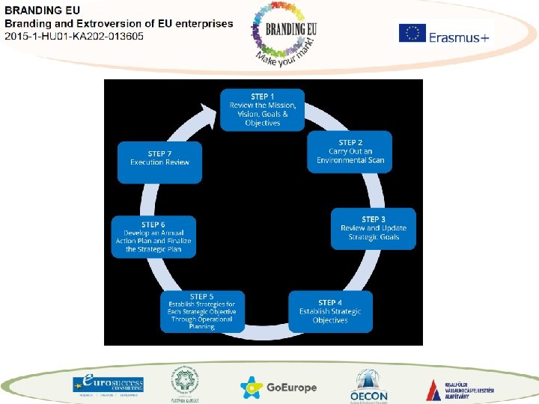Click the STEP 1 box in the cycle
pyautogui.click(x=262, y=110)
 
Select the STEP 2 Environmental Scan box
pyautogui.click(x=350, y=152)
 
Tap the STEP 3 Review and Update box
pyautogui.click(x=373, y=228)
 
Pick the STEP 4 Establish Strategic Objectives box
pyautogui.click(x=330, y=311)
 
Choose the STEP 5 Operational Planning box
pyautogui.click(x=202, y=311)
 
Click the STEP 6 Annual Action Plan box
pyautogui.click(x=153, y=236)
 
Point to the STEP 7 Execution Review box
pyautogui.click(x=159, y=162)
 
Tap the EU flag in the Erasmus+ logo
pyautogui.click(x=412, y=33)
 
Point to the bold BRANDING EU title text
pyautogui.click(x=43, y=10)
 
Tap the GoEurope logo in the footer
pyautogui.click(x=278, y=387)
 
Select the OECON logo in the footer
pyautogui.click(x=369, y=385)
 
